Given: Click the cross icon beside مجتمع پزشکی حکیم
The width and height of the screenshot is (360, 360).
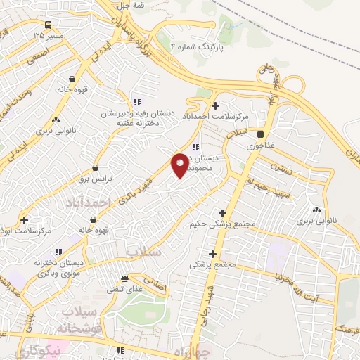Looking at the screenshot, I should pos(223,213).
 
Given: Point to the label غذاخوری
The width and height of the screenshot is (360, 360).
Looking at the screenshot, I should pos(261,146).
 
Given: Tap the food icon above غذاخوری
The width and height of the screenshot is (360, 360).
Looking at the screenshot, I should pos(261,134).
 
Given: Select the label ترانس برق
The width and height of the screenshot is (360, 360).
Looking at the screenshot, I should pos(96,179).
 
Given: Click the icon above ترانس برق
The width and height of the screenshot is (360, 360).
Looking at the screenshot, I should pos(96,168).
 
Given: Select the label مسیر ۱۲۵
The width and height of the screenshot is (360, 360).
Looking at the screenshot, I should pos(49,34).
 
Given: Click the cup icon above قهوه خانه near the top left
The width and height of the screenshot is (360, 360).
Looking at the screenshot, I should pos(73,79).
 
